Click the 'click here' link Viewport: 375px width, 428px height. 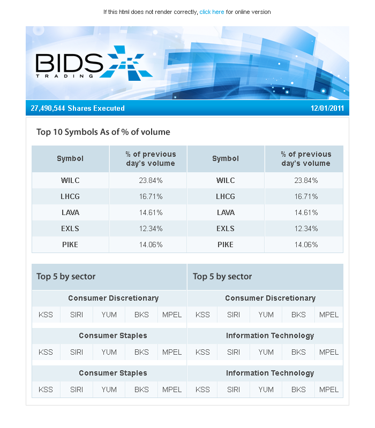(212, 12)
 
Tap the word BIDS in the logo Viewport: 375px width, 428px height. (69, 63)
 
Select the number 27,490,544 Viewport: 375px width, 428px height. (48, 108)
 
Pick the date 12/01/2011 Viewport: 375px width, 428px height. (327, 108)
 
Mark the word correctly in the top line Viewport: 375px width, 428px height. (184, 12)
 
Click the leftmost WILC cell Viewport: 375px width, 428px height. (70, 180)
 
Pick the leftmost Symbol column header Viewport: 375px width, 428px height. (70, 158)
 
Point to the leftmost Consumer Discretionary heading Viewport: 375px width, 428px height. (113, 298)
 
